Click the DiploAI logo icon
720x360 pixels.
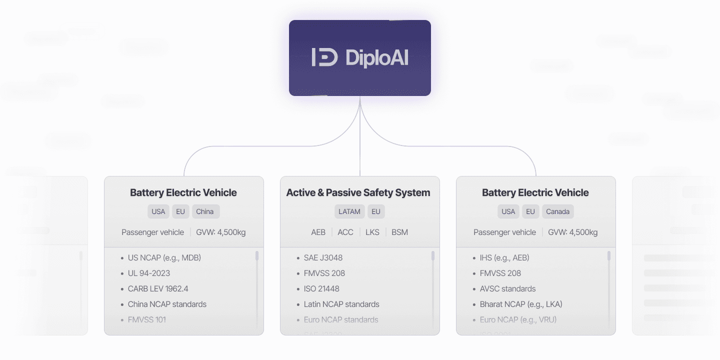324,57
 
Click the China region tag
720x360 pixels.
205,211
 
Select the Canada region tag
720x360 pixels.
557,211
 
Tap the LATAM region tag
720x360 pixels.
349,211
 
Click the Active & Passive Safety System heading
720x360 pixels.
358,192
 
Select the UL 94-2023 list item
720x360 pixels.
148,273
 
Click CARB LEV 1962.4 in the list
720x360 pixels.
158,289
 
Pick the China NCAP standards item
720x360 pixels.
167,304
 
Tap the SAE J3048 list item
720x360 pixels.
323,258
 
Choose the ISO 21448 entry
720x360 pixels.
321,289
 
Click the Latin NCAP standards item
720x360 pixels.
341,304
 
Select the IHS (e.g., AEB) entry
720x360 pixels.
504,258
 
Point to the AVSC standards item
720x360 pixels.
507,289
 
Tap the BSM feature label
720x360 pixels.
399,232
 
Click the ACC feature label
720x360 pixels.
345,232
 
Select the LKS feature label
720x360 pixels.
372,232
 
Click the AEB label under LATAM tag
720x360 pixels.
318,232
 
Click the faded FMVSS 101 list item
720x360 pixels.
146,320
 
